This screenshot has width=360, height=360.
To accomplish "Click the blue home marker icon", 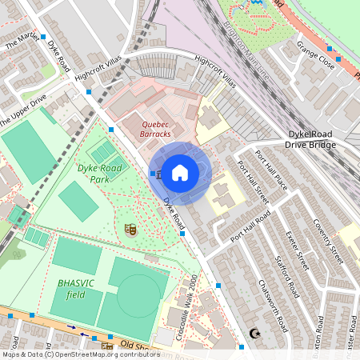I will click(x=180, y=172).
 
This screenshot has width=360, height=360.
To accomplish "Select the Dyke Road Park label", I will click(x=99, y=174).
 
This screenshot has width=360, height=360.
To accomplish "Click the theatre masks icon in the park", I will click(x=130, y=230).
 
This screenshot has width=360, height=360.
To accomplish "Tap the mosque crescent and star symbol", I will click(x=255, y=333).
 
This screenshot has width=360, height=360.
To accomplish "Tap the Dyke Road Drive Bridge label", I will click(x=322, y=139).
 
